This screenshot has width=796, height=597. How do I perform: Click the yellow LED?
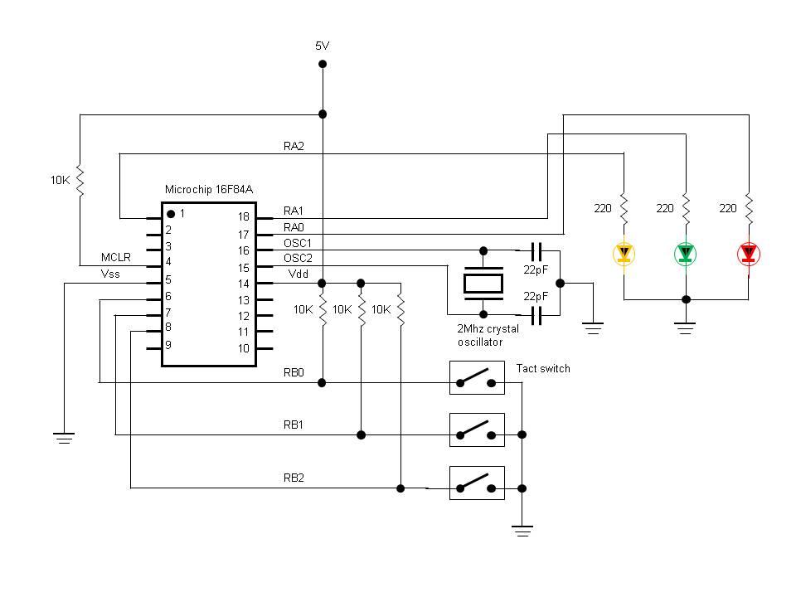pyautogui.click(x=624, y=254)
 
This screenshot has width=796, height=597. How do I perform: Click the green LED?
pyautogui.click(x=685, y=254)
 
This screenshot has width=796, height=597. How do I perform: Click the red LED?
pyautogui.click(x=748, y=254)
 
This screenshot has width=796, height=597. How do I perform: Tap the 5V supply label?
pyautogui.click(x=323, y=46)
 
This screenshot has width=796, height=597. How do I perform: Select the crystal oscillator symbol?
pyautogui.click(x=483, y=283)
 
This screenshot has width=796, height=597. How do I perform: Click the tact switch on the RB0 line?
pyautogui.click(x=477, y=377)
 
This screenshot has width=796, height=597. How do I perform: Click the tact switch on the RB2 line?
pyautogui.click(x=477, y=483)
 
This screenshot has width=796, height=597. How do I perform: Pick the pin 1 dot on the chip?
pyautogui.click(x=171, y=214)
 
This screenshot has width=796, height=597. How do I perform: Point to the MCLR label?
pyautogui.click(x=116, y=258)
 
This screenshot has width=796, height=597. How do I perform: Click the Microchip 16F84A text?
pyautogui.click(x=209, y=190)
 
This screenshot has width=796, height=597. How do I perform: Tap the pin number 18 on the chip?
pyautogui.click(x=243, y=217)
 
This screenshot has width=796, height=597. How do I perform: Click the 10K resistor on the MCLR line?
pyautogui.click(x=80, y=180)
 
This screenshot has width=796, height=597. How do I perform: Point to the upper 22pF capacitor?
pyautogui.click(x=536, y=250)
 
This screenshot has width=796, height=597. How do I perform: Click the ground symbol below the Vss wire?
pyautogui.click(x=64, y=437)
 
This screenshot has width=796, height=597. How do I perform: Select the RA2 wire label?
pyautogui.click(x=294, y=146)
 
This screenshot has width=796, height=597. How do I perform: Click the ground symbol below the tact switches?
pyautogui.click(x=522, y=530)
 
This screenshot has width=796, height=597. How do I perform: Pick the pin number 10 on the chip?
pyautogui.click(x=243, y=348)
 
